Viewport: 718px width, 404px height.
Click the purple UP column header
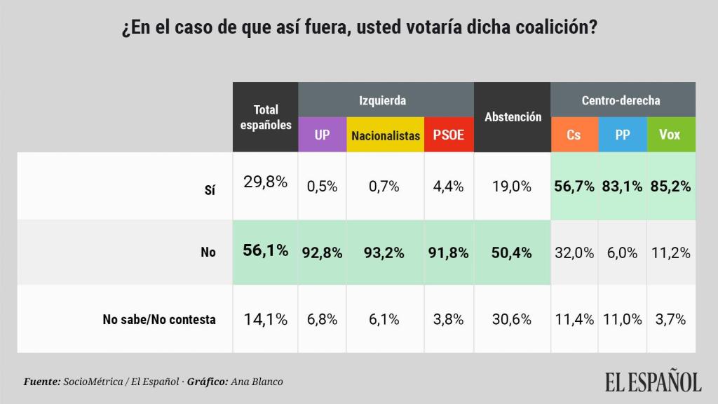322,135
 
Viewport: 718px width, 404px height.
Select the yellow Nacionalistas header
386,135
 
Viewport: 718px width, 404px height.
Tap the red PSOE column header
449,135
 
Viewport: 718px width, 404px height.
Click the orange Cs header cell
574,135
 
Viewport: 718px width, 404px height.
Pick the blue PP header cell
623,135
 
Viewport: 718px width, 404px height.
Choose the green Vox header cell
670,135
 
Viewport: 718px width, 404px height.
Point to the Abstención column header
513,117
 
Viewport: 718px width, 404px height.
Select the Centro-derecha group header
621,100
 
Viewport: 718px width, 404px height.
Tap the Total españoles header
266,117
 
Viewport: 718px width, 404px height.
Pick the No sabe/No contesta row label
159,319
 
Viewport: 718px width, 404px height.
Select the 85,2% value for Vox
670,187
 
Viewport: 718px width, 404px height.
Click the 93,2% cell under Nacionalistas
386,252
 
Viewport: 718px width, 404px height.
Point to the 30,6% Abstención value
513,319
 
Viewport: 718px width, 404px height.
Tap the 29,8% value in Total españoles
266,182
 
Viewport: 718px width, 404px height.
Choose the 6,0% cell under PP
623,252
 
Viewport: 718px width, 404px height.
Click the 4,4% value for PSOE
449,187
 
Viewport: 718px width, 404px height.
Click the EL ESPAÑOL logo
653,381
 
